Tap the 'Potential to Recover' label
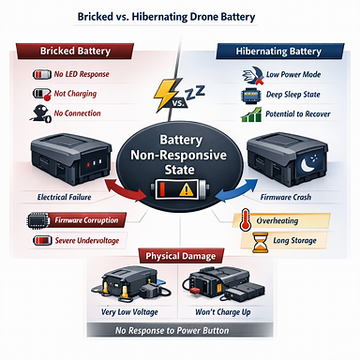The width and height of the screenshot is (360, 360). pos(292,115)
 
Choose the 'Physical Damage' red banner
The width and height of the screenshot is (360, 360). pos(180,256)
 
